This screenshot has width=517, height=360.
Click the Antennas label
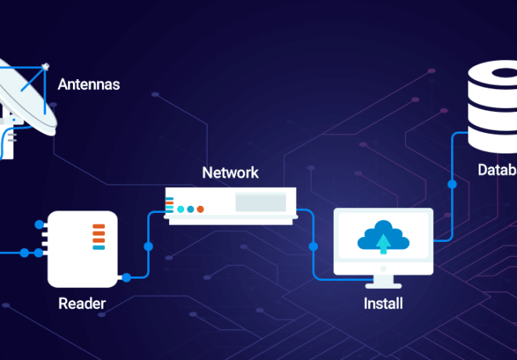(89, 84)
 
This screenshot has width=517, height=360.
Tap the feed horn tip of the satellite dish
(46, 66)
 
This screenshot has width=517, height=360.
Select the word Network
(230, 172)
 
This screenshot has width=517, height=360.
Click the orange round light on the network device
(201, 209)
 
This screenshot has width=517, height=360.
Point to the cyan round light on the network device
(181, 209)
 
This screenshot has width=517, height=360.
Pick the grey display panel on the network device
(260, 203)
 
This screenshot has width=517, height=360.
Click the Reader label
(81, 303)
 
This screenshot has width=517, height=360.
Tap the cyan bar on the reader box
(99, 247)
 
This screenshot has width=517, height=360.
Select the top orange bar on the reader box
(99, 227)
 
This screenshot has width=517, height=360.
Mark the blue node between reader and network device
(148, 247)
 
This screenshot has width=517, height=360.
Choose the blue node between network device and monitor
(313, 247)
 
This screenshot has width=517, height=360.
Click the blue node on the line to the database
(452, 185)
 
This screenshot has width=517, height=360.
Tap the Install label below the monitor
(383, 303)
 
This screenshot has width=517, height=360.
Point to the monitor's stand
(383, 279)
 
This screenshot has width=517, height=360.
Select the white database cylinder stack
(493, 110)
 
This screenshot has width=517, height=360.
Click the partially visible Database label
(497, 170)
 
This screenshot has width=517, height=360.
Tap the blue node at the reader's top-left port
(38, 225)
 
